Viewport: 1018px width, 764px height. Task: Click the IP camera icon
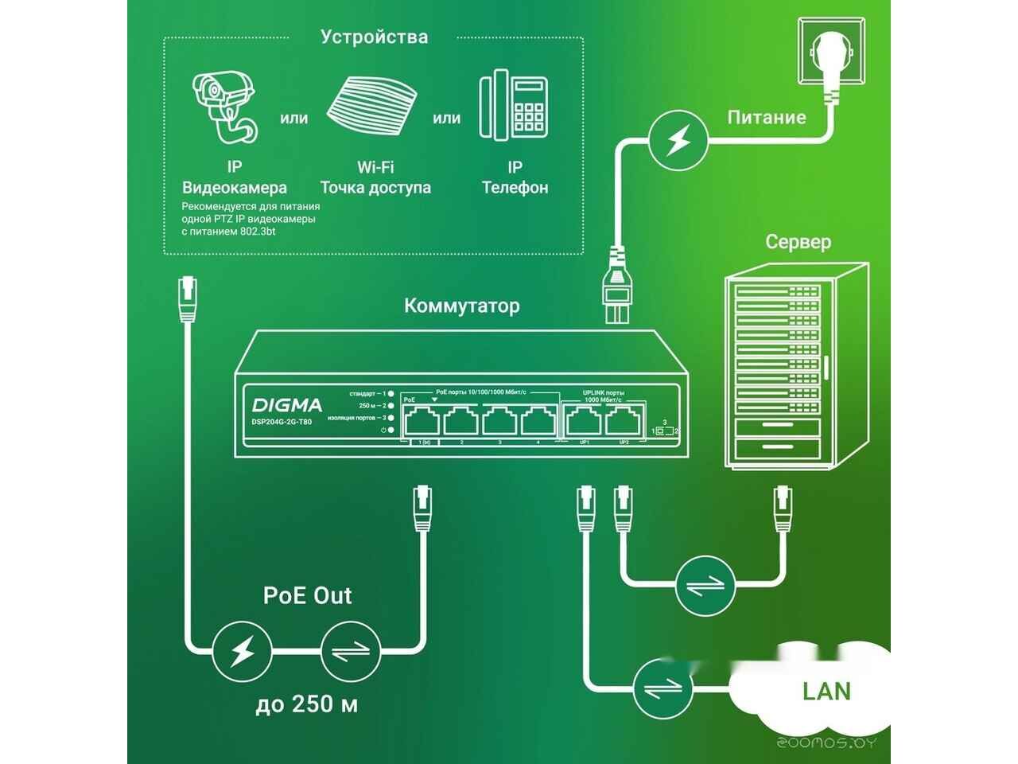click(225, 107)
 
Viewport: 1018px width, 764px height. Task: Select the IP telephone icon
click(514, 107)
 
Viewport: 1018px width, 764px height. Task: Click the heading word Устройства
click(374, 37)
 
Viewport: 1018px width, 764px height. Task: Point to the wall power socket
click(830, 53)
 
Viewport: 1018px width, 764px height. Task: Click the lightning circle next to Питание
click(678, 140)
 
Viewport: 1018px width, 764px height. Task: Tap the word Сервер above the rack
click(798, 242)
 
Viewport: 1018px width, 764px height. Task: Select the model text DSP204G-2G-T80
click(282, 422)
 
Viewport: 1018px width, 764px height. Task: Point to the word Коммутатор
click(461, 306)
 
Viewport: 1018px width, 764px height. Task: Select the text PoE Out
click(308, 596)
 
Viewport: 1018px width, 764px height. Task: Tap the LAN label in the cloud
click(826, 691)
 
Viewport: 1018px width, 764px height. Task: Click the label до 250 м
click(306, 705)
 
